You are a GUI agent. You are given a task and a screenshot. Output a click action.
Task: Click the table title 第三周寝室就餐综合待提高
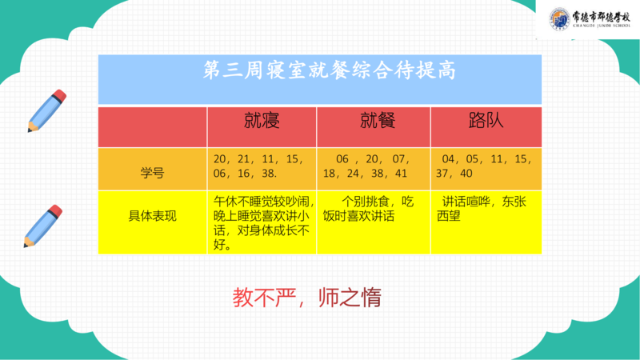[330, 70]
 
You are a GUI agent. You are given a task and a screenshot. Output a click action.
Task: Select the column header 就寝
[262, 121]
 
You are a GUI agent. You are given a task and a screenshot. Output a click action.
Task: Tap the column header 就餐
[378, 121]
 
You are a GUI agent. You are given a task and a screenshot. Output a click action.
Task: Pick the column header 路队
[486, 121]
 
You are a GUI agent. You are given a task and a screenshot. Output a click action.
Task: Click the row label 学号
[152, 173]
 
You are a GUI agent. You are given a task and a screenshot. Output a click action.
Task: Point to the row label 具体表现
[152, 216]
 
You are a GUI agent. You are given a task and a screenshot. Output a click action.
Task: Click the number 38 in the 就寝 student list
[269, 174]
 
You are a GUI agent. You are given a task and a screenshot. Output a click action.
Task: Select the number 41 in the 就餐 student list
[401, 174]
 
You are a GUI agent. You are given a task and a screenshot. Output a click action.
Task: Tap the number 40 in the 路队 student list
[466, 174]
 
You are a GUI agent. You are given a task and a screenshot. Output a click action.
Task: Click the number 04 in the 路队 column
[448, 158]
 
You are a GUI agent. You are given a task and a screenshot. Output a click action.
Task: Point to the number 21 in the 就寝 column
[244, 158]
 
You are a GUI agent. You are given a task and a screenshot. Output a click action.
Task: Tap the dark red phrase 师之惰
[350, 298]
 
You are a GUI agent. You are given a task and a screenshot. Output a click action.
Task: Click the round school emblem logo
[559, 19]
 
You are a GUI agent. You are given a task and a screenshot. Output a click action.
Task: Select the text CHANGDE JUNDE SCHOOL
[602, 26]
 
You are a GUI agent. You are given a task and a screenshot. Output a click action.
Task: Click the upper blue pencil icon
[47, 110]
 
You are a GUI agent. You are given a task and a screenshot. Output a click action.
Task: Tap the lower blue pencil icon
[43, 226]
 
